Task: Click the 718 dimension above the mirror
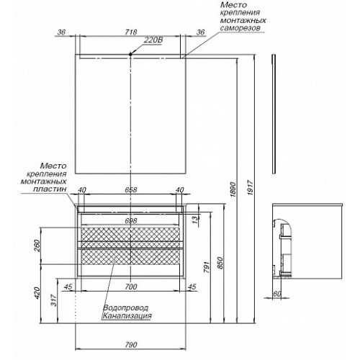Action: (131, 32)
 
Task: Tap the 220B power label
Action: (153, 40)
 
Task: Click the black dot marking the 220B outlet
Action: (130, 54)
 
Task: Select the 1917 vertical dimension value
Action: (251, 187)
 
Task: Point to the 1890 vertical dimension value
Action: (233, 190)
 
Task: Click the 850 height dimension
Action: (220, 263)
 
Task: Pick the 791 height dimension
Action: (207, 267)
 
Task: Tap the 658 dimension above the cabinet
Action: (131, 189)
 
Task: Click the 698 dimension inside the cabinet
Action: (131, 220)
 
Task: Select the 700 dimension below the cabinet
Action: (131, 287)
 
